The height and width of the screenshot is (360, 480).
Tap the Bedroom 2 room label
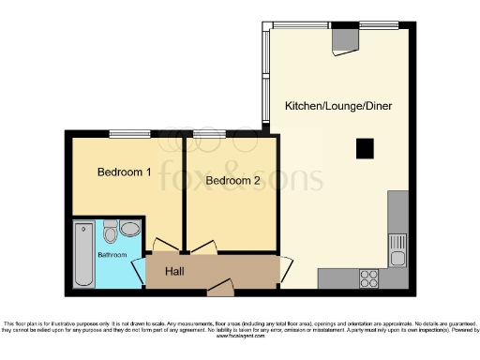click(232, 180)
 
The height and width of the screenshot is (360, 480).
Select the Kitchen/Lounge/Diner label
click(338, 107)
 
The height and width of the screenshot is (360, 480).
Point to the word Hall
click(174, 271)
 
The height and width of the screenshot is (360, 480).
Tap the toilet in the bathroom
click(111, 231)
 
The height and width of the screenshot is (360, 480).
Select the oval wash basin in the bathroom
click(129, 228)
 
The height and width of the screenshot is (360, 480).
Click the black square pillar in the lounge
click(364, 146)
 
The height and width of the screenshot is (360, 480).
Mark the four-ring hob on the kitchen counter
click(368, 277)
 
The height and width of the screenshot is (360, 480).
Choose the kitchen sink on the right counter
click(397, 249)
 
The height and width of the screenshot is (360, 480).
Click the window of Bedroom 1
click(123, 134)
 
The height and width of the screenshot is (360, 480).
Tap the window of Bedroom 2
click(209, 134)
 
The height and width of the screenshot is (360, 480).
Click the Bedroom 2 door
click(203, 247)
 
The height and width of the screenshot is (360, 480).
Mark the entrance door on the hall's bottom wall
click(219, 292)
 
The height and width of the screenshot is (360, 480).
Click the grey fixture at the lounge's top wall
click(345, 38)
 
